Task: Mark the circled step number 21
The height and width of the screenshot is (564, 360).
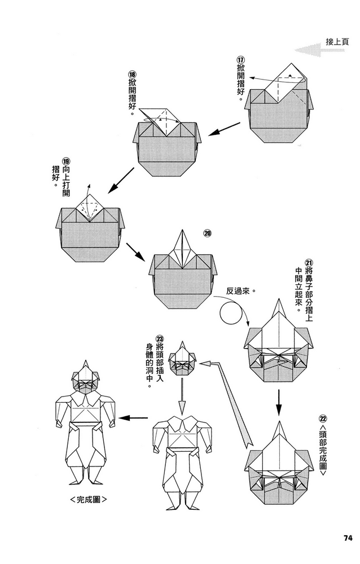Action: [x=309, y=262]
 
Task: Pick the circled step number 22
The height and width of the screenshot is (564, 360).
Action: [x=323, y=419]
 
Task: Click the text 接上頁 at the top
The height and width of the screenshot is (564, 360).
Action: [x=337, y=41]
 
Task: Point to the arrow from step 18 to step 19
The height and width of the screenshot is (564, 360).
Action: [x=120, y=180]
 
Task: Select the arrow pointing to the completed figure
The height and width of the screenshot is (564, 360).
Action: [x=134, y=418]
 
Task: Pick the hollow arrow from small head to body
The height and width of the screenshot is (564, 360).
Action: [x=182, y=395]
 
